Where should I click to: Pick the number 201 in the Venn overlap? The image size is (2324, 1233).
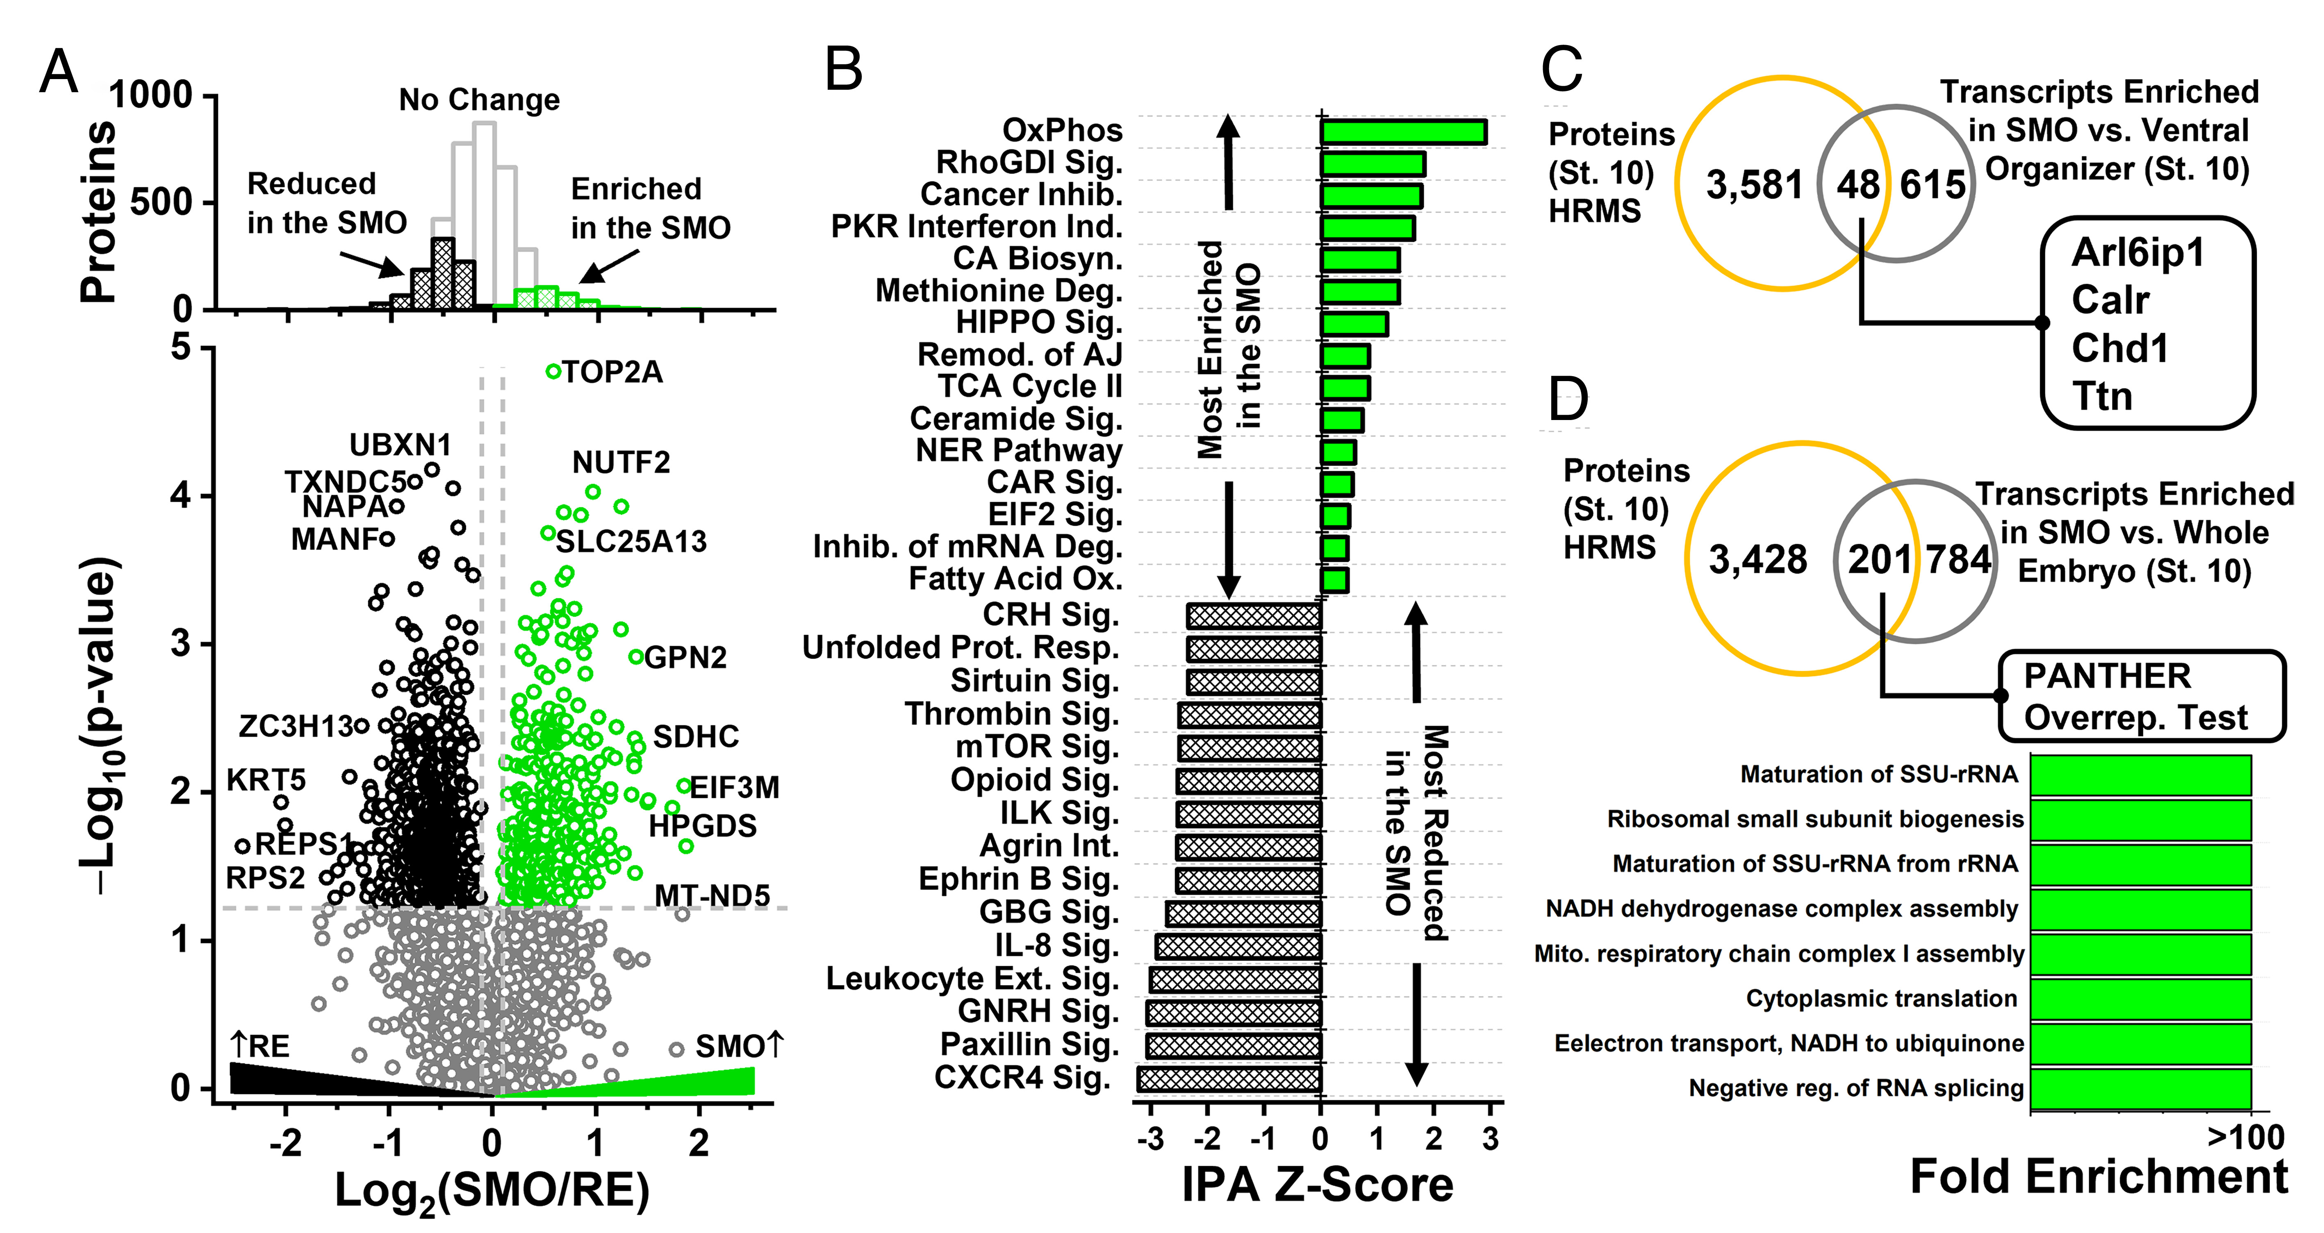coord(1879,559)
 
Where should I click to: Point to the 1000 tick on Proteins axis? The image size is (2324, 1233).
coord(151,95)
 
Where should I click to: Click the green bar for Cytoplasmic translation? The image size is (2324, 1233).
coord(2140,999)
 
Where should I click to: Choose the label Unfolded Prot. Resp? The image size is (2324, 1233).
coord(960,647)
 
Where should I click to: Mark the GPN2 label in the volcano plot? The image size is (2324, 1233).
coord(686,658)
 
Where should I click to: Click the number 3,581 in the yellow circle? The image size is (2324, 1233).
coord(1754,185)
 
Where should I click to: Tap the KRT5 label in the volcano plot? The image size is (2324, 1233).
coord(266,779)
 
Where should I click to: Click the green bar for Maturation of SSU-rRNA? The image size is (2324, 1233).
coord(2140,775)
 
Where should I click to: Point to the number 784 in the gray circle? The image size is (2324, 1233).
coord(1959,559)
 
